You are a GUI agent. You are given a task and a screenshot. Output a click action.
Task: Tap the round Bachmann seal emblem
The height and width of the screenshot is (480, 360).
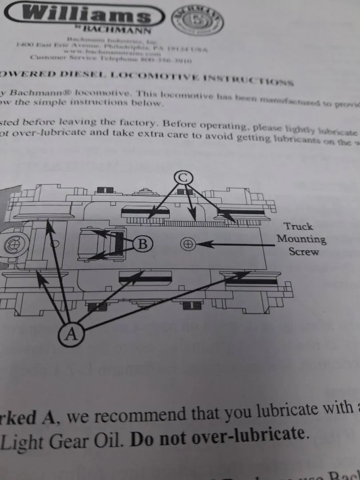(x=197, y=21)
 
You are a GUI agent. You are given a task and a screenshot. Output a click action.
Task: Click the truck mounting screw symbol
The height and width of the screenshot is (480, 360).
(x=188, y=244)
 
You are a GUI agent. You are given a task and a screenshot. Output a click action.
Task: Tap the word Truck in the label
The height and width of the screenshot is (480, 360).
(x=299, y=227)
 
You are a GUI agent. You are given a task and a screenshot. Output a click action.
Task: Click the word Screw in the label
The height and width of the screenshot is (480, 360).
(x=304, y=252)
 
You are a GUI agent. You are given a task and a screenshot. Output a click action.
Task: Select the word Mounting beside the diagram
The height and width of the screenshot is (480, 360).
(x=301, y=239)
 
